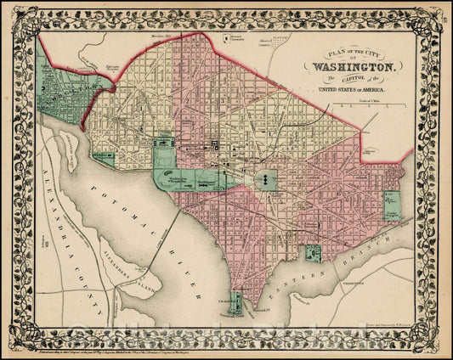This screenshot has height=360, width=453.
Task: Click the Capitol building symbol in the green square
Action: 266,180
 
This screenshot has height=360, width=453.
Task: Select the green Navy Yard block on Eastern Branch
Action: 314,253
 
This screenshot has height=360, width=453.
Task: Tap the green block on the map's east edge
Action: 392,205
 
